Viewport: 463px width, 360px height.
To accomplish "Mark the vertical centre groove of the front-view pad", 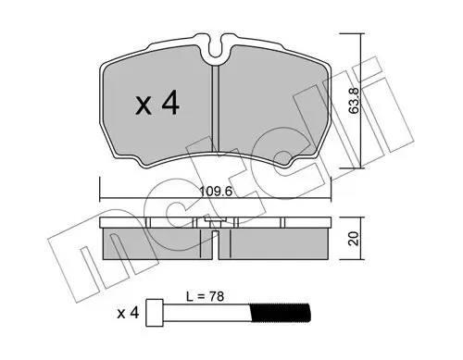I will click(216, 111).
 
